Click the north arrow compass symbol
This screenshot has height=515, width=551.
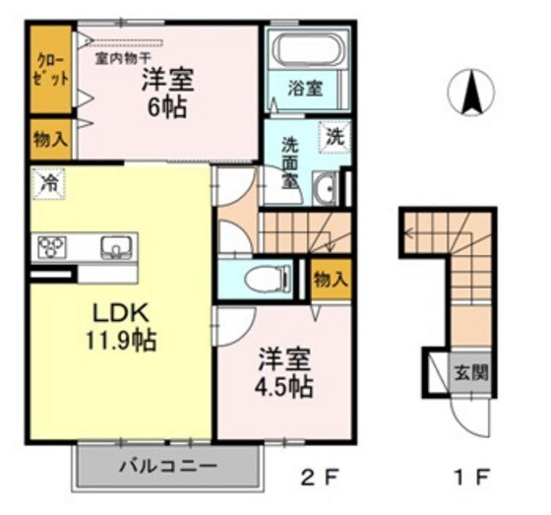tap(470, 94)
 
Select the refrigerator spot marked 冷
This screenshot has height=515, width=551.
tap(45, 181)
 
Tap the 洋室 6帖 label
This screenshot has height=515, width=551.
tap(166, 92)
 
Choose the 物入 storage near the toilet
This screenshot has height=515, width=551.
tap(330, 280)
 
